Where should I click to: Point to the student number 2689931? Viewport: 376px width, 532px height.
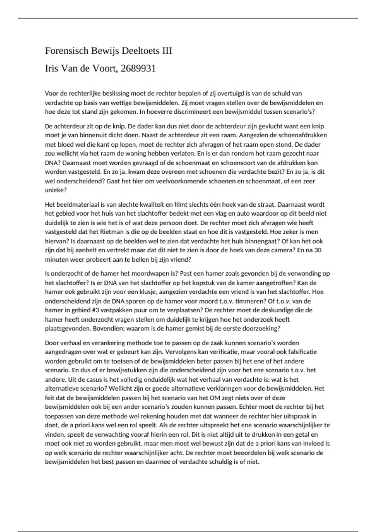(138, 69)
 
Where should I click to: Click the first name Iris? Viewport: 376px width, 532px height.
(52, 69)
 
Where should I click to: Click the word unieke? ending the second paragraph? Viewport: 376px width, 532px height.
(54, 190)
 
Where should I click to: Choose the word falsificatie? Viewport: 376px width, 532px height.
(300, 352)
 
